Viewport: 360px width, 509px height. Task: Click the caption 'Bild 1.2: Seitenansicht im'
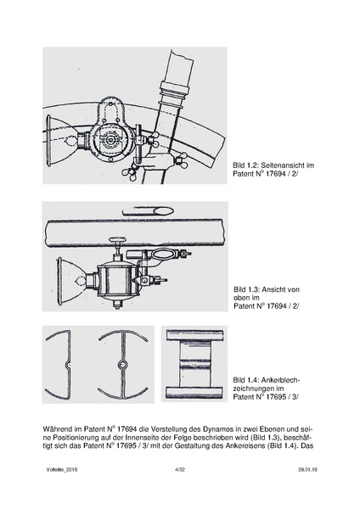(273, 165)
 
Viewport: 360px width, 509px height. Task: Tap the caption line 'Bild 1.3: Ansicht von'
(267, 289)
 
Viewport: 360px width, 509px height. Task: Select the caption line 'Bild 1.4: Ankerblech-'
(267, 380)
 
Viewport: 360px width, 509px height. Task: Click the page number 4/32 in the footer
(180, 469)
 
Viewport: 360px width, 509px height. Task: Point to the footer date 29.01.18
(307, 469)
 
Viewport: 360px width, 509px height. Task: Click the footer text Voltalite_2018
(62, 469)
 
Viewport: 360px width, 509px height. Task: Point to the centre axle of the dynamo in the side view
(111, 140)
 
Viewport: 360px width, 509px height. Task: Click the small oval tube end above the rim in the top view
(165, 211)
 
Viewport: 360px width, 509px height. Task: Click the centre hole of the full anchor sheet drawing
(122, 365)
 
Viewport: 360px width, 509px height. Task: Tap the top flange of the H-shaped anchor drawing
(194, 335)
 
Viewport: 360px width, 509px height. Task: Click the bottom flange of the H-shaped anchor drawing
(194, 393)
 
